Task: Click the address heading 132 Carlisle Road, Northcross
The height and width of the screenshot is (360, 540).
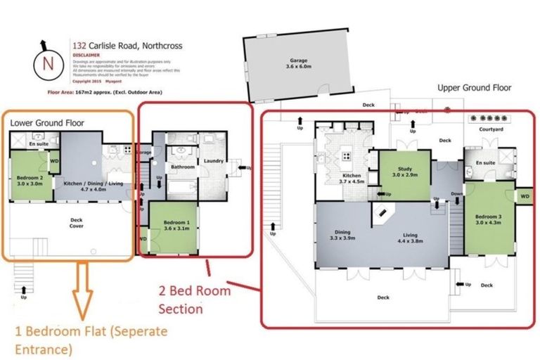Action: [127, 46]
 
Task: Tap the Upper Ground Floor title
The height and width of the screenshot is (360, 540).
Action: [474, 88]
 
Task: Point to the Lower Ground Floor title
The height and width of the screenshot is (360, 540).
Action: [47, 122]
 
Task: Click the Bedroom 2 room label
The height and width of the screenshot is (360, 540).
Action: [30, 181]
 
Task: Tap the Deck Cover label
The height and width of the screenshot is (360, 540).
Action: [76, 223]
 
